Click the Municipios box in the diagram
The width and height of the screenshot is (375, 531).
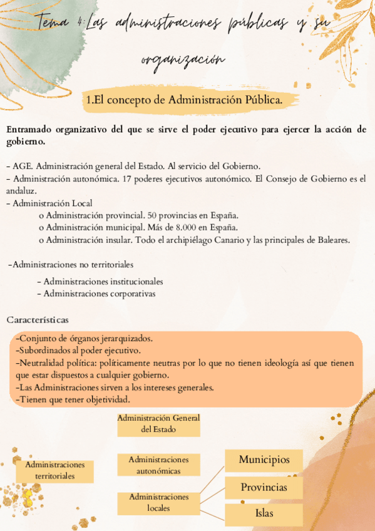[264, 460]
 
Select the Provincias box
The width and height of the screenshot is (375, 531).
[264, 487]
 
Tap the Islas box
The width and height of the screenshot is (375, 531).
[264, 513]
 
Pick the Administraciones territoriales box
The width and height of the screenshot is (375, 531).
[55, 471]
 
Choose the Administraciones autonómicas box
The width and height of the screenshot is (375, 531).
[158, 465]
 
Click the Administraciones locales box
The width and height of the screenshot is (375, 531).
[158, 502]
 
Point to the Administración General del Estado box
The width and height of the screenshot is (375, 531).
[158, 424]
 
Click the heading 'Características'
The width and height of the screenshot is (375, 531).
[38, 319]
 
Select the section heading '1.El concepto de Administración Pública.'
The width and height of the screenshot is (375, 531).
[185, 100]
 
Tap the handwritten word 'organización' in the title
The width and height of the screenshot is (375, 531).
[182, 59]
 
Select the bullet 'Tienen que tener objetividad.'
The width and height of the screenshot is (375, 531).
[74, 399]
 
